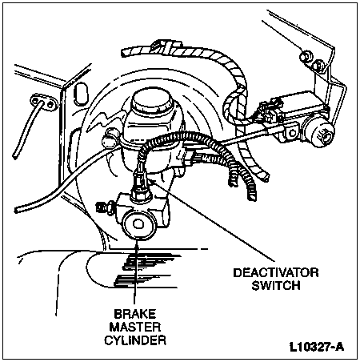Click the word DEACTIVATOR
276,273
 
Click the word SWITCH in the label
276,286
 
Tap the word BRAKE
135,314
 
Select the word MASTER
135,327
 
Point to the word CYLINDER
135,340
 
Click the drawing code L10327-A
317,348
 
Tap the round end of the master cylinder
138,224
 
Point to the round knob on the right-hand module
321,133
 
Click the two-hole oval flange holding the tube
42,102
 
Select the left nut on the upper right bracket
305,57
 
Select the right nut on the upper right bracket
318,66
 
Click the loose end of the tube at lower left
17,210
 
